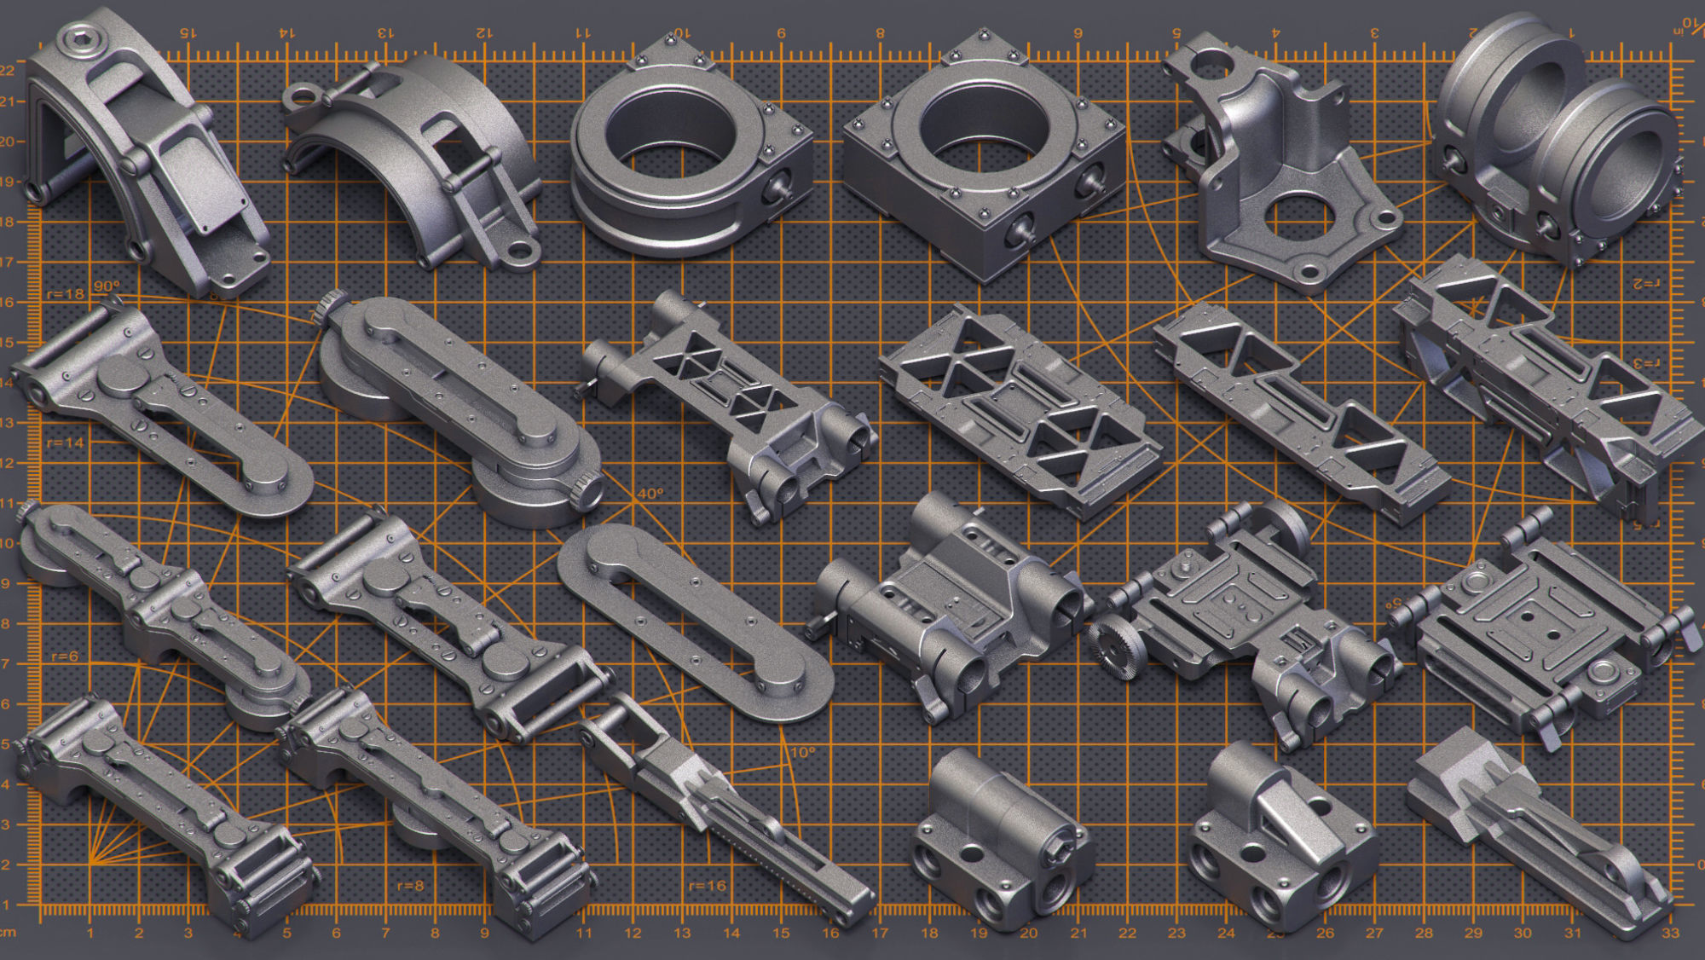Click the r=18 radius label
click(x=65, y=294)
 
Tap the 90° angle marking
click(x=107, y=286)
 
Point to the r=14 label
click(x=65, y=443)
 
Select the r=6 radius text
click(x=64, y=656)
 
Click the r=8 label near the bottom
click(x=410, y=886)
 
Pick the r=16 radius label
click(x=708, y=886)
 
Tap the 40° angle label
click(x=650, y=494)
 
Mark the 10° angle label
click(x=802, y=753)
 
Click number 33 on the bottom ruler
click(x=1670, y=934)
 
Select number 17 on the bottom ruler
click(x=880, y=934)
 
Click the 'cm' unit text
click(x=8, y=934)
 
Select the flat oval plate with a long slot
click(x=695, y=622)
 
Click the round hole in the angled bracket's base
click(x=1298, y=217)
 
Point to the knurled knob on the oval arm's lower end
click(x=589, y=492)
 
